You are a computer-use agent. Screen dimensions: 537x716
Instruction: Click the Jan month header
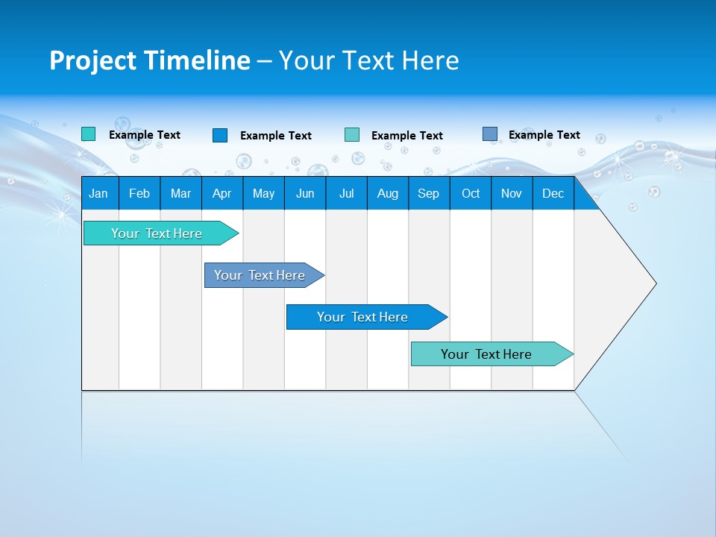coord(98,193)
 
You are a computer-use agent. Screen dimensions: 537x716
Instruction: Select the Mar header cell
coord(180,193)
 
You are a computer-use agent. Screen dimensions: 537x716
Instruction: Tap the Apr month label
coord(222,193)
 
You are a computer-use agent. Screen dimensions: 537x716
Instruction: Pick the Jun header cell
coord(305,193)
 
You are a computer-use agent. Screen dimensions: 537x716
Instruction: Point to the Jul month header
coord(346,193)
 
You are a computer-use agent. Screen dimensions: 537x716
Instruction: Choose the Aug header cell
coord(387,193)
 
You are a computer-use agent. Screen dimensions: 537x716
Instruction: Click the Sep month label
coord(428,193)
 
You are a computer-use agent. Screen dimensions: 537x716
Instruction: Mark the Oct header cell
coord(471,193)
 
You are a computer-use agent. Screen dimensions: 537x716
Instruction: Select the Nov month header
coord(512,193)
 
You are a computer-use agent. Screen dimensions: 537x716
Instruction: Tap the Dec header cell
coord(553,193)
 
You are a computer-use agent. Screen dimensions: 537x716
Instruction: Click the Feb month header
coord(139,193)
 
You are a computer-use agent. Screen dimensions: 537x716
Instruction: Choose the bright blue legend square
coord(220,135)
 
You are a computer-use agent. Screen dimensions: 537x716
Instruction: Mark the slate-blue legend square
coord(490,134)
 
